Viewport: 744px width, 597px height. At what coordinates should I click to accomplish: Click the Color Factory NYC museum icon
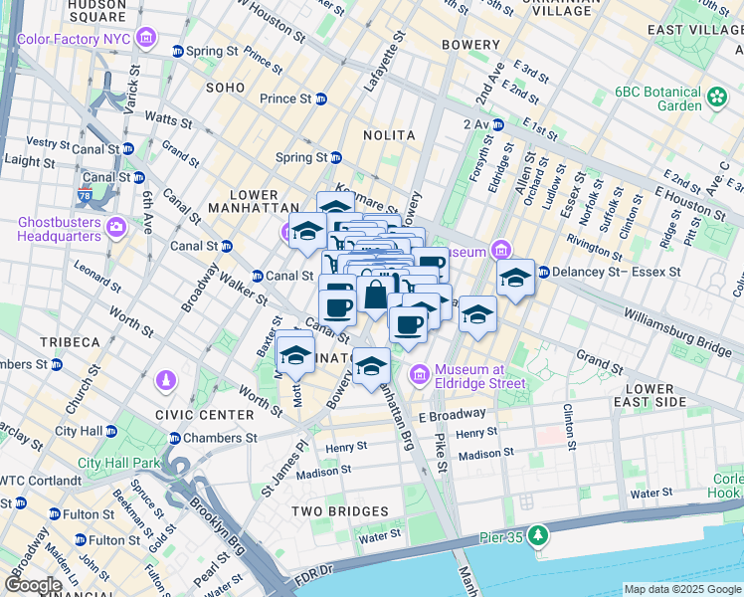point(147,39)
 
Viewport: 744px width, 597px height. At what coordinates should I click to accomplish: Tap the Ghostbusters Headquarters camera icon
point(117,229)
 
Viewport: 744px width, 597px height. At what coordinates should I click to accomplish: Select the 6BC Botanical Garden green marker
point(717,98)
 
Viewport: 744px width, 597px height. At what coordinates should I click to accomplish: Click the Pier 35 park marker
point(538,536)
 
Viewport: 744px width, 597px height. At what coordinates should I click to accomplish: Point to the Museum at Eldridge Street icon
point(419,374)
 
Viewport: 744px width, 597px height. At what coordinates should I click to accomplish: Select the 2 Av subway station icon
point(496,124)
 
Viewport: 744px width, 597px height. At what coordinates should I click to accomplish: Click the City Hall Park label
point(119,463)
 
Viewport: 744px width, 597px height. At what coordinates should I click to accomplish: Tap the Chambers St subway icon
point(176,438)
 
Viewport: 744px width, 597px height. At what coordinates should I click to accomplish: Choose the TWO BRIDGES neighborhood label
point(339,511)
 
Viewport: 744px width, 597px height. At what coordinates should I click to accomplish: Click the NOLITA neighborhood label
point(389,134)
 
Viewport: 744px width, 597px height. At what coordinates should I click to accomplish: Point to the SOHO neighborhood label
point(225,88)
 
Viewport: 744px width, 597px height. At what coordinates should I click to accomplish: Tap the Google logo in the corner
point(34,585)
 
